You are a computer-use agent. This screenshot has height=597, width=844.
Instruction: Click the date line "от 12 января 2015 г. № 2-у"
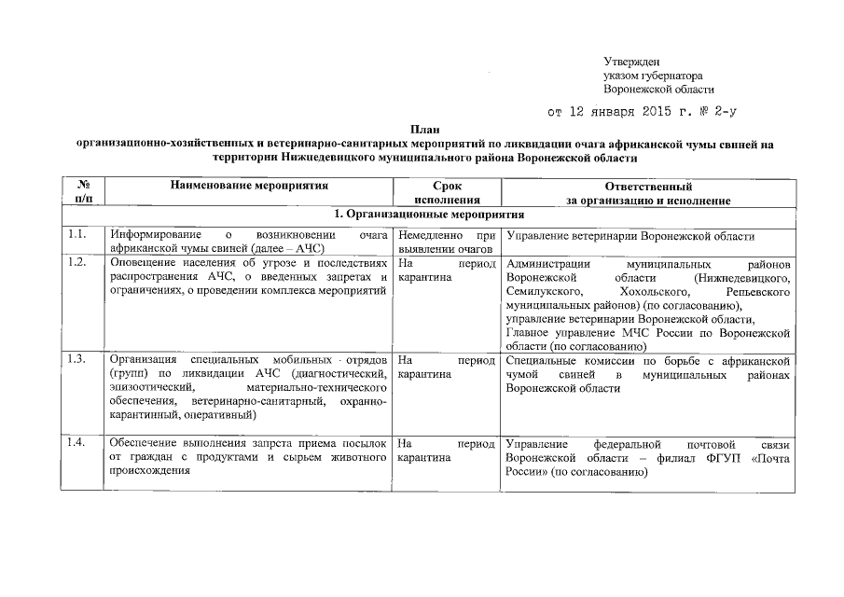[x=643, y=114]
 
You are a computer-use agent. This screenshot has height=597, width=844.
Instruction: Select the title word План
[x=424, y=132]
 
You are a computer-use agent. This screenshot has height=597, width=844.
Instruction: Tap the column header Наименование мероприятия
[x=248, y=187]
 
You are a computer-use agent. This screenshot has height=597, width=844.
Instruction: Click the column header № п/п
[x=83, y=193]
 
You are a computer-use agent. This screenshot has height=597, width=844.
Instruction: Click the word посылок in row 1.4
[x=367, y=443]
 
